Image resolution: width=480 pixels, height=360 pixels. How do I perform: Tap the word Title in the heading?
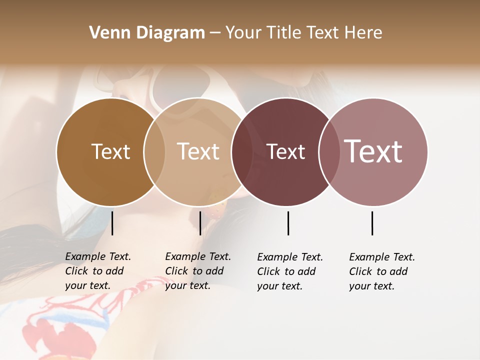286,33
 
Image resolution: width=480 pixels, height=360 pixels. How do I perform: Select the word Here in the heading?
363,33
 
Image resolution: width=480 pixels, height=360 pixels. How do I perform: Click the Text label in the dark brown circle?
110,151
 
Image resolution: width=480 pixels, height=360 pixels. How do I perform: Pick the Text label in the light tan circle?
198,151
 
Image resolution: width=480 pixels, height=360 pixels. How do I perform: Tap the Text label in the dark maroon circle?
285,151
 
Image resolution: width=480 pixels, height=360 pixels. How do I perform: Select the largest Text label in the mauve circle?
373,151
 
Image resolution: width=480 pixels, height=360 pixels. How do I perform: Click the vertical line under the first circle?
112,223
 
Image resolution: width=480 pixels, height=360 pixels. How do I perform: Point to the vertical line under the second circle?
200,223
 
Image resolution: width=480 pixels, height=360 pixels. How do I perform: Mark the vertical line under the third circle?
288,223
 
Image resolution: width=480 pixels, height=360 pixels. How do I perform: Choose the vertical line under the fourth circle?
372,223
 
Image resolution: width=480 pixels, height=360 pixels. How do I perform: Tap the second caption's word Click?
176,271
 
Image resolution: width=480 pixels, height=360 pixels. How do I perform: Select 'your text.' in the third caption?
279,286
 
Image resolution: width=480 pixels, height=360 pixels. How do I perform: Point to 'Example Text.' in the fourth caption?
382,257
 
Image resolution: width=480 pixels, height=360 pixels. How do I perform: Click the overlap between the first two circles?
154,151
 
